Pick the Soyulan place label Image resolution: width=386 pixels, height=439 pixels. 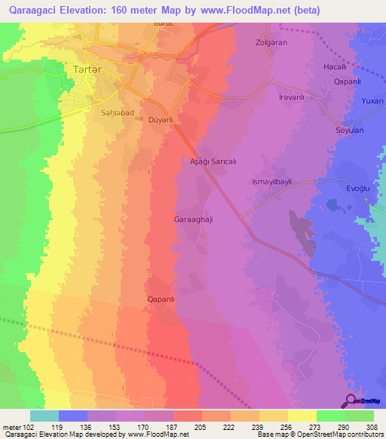coord(350,130)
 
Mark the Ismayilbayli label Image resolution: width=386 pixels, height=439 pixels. coord(276,182)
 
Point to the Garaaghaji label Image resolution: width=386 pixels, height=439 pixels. coord(193,220)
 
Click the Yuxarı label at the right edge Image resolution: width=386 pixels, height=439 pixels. coord(372,100)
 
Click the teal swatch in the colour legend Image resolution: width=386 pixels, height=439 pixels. coord(44,416)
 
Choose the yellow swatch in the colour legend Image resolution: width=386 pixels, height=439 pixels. coord(302,416)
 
